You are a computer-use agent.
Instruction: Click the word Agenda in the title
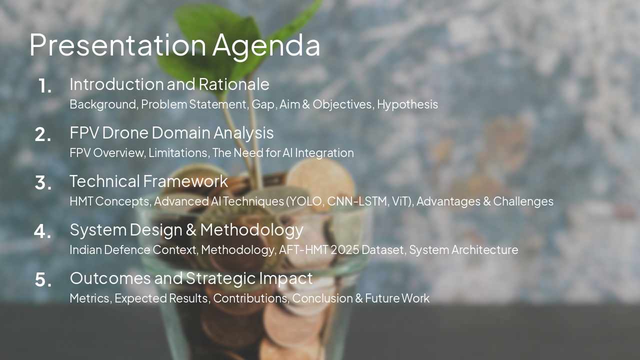click(266, 45)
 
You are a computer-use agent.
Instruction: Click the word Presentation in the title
click(118, 45)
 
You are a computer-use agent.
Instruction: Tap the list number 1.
click(45, 86)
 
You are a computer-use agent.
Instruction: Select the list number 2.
click(43, 135)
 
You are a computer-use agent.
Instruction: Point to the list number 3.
click(43, 183)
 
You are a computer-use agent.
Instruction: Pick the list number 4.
click(43, 231)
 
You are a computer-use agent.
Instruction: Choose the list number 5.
click(43, 280)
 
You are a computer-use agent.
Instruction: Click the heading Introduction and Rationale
click(169, 84)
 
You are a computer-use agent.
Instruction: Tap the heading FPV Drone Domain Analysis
click(171, 132)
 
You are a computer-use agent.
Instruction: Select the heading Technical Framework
click(148, 181)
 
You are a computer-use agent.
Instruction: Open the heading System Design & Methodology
click(186, 229)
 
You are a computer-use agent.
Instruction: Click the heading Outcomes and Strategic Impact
click(191, 278)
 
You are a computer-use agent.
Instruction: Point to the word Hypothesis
click(407, 104)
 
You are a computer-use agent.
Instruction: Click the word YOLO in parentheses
click(307, 201)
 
